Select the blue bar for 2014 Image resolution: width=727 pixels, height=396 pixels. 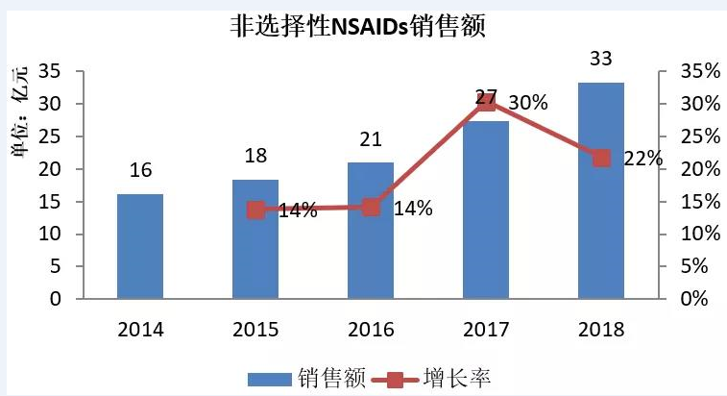(140, 246)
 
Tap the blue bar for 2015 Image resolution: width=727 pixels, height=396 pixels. (255, 239)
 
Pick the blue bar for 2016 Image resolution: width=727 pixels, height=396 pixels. (371, 231)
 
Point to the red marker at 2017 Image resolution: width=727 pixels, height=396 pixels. (486, 102)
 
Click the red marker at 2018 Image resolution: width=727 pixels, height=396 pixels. (601, 158)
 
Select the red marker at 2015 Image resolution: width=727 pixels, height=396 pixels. (255, 210)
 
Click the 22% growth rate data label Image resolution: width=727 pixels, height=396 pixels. (642, 159)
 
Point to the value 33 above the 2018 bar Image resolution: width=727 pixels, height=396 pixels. (601, 60)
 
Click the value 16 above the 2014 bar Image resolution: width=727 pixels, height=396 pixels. (140, 170)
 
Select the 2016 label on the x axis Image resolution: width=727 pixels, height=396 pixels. (371, 330)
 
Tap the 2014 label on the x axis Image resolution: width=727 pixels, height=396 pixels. (140, 330)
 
